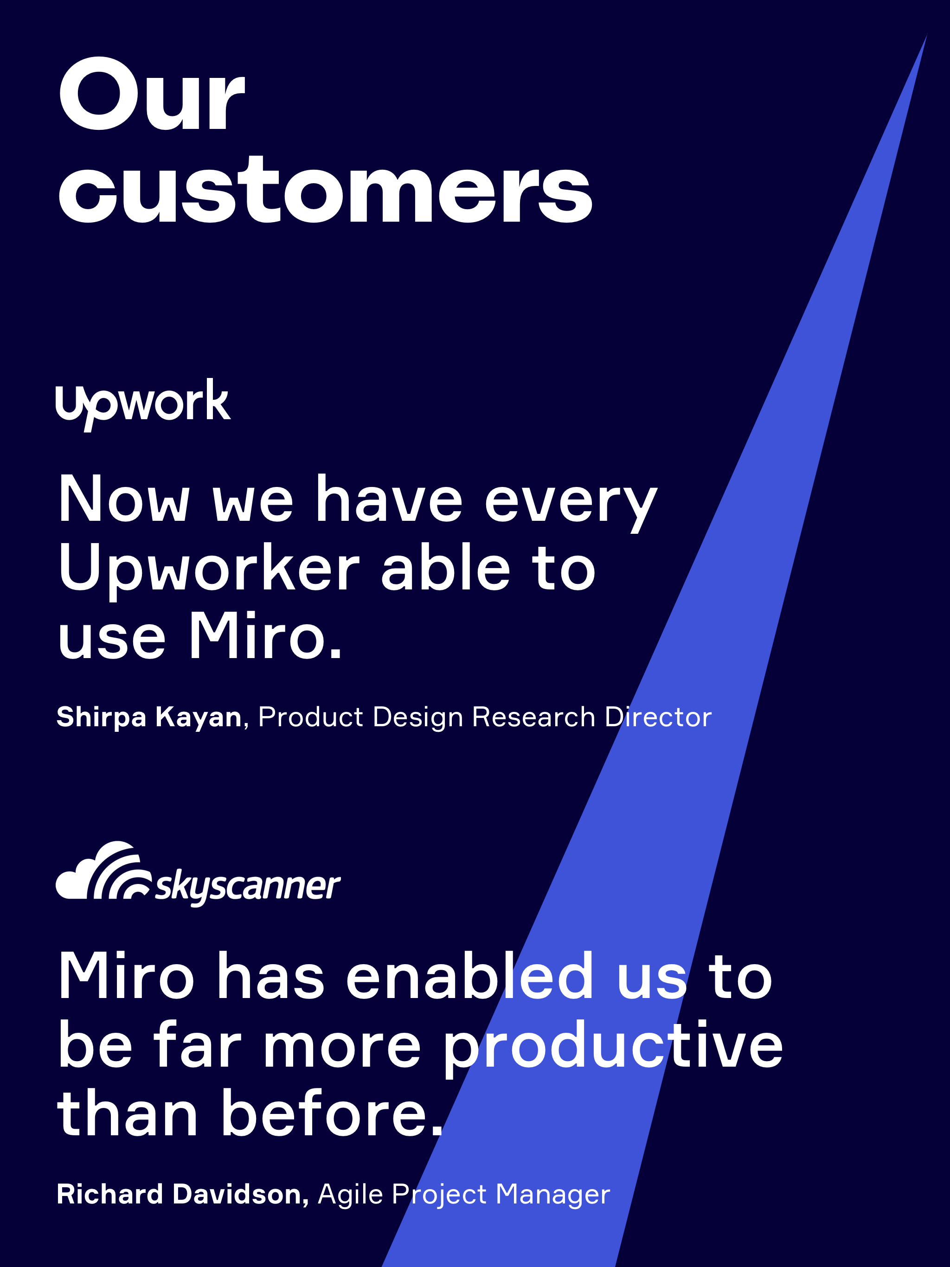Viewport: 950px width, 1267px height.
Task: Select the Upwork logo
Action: coord(143,404)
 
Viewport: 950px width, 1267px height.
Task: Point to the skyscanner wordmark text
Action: coord(248,887)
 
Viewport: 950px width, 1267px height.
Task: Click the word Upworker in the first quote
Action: coord(209,570)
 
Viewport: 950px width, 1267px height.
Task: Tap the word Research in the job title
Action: coord(533,717)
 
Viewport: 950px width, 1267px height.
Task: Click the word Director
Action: coord(658,717)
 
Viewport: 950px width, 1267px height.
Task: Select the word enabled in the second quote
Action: coord(469,976)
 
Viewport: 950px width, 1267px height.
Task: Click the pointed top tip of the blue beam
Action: coord(926,36)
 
